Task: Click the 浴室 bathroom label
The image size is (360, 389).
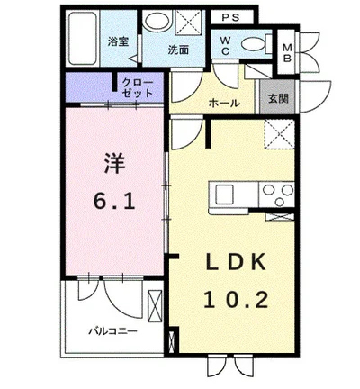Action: [x=117, y=41]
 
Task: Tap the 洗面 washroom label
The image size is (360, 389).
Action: [x=178, y=51]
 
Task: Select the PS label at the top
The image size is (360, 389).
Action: [x=229, y=18]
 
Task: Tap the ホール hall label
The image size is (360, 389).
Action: [x=222, y=103]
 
